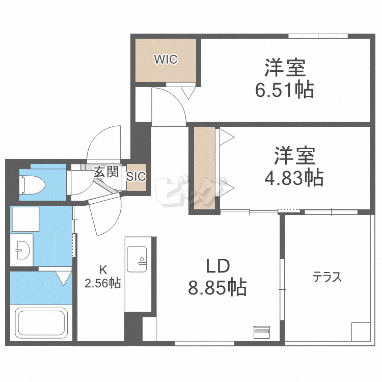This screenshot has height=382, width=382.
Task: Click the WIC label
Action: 166,60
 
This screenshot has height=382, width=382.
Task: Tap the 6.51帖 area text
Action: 284,91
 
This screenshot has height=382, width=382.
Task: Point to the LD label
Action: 218,266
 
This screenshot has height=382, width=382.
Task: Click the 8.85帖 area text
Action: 217,288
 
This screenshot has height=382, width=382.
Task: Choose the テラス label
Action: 326,278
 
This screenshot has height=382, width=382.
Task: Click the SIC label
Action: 136,177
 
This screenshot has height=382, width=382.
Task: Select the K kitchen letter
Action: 102,270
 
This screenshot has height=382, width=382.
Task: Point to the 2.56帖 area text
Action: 102,284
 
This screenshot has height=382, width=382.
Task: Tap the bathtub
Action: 43,323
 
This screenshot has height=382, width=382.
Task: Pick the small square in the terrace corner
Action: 361,332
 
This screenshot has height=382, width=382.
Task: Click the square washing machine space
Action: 22,219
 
